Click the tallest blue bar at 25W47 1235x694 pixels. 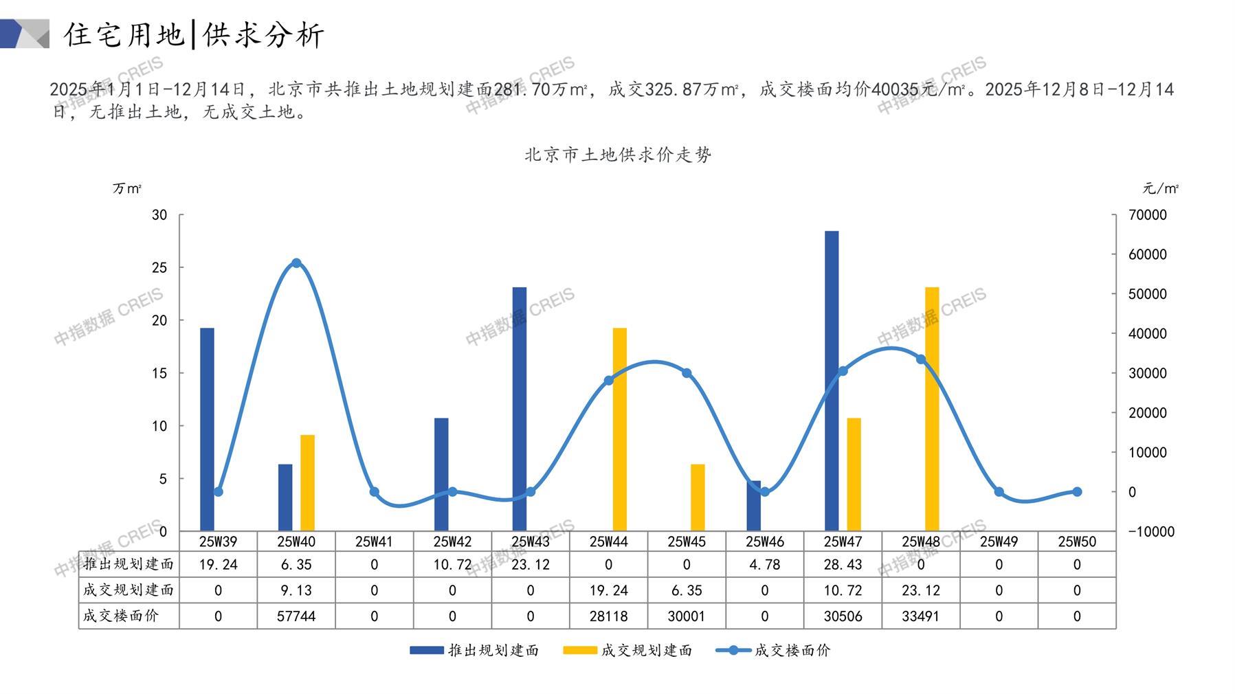(832, 381)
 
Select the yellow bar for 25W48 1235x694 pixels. (932, 409)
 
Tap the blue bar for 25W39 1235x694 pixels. (207, 429)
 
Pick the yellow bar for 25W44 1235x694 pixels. (620, 429)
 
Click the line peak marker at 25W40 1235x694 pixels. (296, 263)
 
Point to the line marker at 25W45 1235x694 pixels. (687, 373)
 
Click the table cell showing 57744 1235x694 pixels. (296, 616)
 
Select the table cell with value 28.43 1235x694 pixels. (843, 565)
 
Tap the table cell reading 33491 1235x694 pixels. (920, 616)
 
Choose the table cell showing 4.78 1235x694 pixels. (764, 565)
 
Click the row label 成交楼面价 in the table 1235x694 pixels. (121, 616)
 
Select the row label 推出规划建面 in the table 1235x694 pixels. (129, 564)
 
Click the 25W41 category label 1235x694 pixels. (374, 541)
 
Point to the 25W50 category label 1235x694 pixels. (1076, 541)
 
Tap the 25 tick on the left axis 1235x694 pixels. (159, 267)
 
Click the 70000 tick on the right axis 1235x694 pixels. (1148, 215)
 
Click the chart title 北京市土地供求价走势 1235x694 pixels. (618, 155)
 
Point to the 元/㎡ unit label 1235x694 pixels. (1160, 188)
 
